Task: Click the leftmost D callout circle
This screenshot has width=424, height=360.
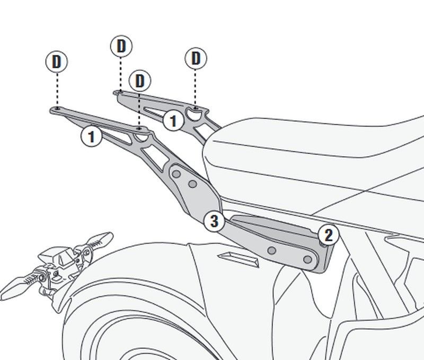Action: [x=57, y=61]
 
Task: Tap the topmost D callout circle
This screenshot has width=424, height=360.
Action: [x=121, y=46]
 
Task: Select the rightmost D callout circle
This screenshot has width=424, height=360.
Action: [x=196, y=58]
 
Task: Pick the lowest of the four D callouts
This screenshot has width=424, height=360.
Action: [x=140, y=81]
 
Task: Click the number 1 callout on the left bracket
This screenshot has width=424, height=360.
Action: [x=91, y=136]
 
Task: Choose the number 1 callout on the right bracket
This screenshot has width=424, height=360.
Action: [x=173, y=121]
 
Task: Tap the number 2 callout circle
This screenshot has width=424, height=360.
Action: [x=328, y=235]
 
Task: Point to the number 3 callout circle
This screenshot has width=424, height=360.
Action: [x=214, y=221]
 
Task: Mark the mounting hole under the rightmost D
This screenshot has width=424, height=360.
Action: [x=196, y=108]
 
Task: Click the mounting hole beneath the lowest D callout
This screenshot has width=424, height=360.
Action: [x=139, y=128]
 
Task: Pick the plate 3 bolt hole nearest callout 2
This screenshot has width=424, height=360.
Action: [x=306, y=259]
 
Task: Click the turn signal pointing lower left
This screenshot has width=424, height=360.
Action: [x=16, y=286]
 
